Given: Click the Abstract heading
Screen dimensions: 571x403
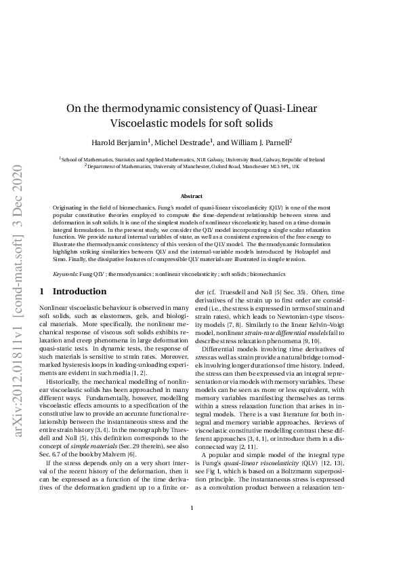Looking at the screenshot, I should tap(201, 195).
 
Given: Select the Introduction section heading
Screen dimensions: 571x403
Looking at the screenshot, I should tap(79, 292).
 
